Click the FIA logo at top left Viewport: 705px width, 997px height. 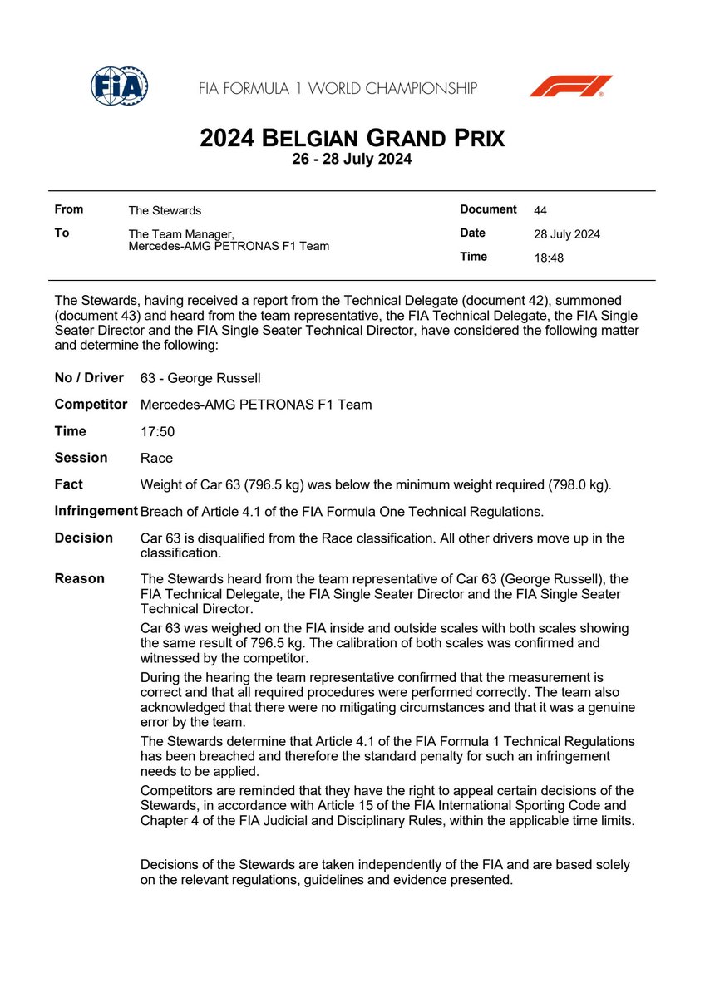pos(119,86)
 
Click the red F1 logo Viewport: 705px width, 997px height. pos(570,86)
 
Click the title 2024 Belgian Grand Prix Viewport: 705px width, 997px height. pos(352,138)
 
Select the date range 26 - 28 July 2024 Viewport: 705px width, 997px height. pos(352,160)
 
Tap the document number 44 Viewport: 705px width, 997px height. pos(540,210)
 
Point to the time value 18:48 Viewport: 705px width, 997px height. pos(549,258)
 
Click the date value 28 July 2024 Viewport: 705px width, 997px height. pos(566,234)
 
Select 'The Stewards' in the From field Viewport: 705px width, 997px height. pos(165,211)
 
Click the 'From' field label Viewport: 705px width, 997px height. pos(68,210)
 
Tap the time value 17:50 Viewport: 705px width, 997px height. pos(157,432)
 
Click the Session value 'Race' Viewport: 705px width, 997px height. pos(157,459)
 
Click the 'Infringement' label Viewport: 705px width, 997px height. pos(96,511)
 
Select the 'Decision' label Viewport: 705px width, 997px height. pos(83,538)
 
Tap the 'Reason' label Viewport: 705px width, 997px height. pos(79,578)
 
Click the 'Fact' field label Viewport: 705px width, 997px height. pos(68,484)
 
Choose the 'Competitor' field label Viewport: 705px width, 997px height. pos(91,405)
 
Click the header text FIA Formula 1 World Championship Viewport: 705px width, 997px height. pos(337,87)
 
